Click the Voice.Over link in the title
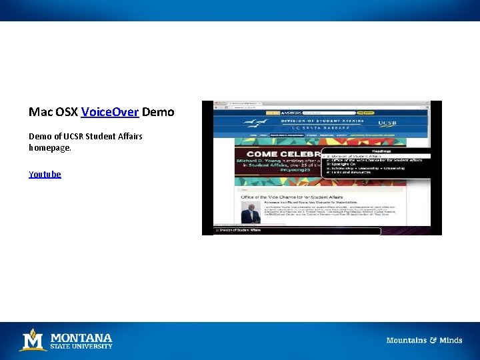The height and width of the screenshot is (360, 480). coord(109,112)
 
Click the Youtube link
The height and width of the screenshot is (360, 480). coord(45,174)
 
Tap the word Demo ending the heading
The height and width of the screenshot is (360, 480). coord(158,112)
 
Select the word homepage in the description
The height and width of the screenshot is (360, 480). coord(49,147)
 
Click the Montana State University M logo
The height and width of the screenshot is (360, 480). coord(33,340)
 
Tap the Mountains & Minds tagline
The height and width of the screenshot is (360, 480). coord(424,340)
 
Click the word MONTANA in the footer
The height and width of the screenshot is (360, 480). coord(82,337)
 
